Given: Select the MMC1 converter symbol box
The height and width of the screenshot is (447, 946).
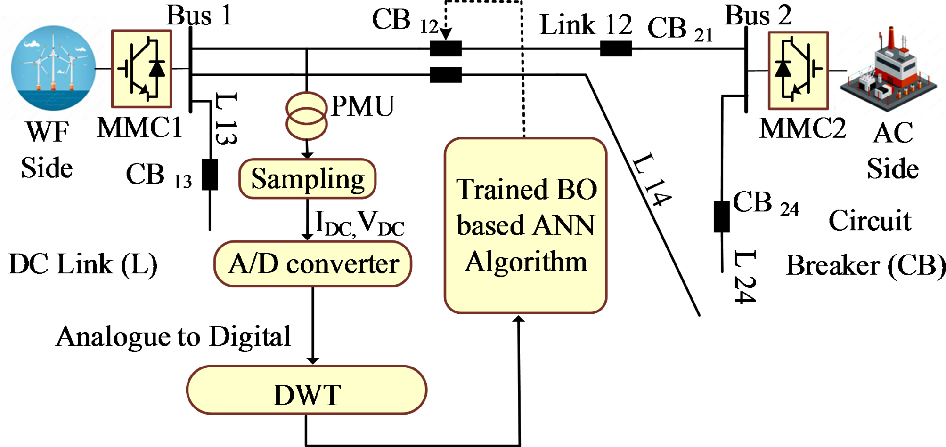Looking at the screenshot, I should [141, 69].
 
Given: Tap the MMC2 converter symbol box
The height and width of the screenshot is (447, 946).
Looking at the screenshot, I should [798, 71].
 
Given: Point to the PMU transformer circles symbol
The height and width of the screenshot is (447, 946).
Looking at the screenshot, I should [307, 116].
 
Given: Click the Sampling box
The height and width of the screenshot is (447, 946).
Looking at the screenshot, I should [307, 179].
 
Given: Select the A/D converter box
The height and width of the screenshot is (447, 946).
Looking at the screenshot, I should [313, 264].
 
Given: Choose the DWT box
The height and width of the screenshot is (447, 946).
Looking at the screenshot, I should [307, 391].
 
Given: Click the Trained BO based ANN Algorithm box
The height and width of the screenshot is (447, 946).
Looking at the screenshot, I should [525, 226].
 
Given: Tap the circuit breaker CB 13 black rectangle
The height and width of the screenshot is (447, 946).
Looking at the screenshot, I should [210, 175].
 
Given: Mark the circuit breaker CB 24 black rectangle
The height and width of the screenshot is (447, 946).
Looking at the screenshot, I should [722, 216].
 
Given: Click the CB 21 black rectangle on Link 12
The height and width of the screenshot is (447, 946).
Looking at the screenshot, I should [616, 48].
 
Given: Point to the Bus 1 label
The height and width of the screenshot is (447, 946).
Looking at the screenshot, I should [199, 15].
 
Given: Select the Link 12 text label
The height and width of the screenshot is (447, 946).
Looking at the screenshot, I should [586, 24].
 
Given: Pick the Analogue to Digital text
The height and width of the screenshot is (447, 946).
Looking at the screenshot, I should [173, 337].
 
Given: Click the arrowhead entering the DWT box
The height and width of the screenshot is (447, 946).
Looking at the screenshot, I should [313, 361].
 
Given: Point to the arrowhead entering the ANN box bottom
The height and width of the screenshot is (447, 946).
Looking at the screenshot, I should [518, 319].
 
